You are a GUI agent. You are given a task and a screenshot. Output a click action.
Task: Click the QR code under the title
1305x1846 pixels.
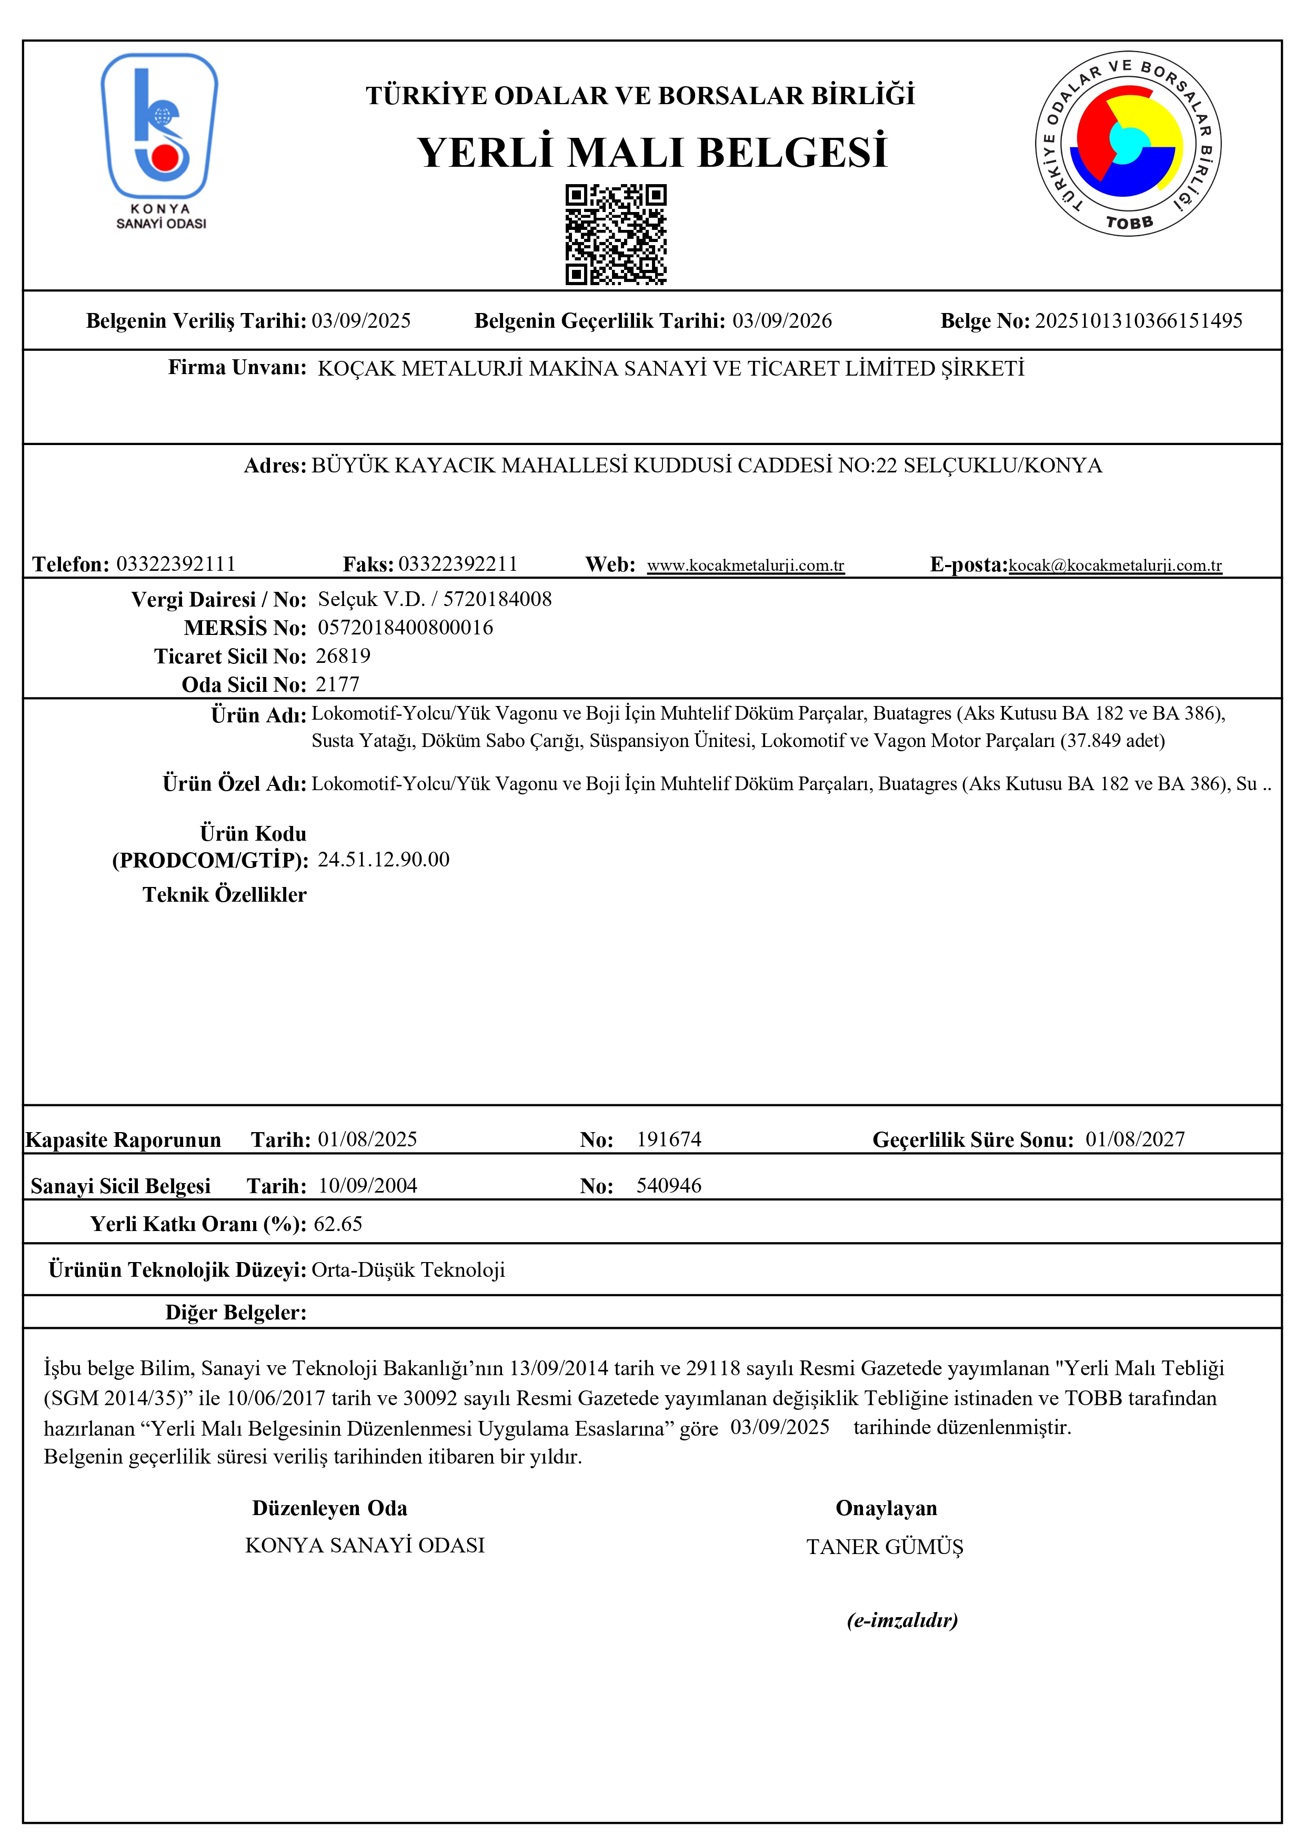[x=616, y=234]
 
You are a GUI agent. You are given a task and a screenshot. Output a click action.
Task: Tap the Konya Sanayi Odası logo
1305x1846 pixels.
[x=160, y=140]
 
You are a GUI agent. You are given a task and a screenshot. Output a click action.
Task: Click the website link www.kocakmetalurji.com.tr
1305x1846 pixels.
[x=745, y=565]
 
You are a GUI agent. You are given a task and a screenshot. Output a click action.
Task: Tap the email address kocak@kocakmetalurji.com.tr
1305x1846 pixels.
[x=1115, y=565]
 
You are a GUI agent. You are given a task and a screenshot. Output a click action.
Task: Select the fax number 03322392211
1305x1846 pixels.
[x=457, y=563]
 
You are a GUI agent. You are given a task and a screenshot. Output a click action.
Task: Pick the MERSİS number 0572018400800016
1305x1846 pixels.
[x=405, y=627]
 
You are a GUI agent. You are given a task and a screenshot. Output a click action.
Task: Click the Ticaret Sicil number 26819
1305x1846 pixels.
[x=343, y=656]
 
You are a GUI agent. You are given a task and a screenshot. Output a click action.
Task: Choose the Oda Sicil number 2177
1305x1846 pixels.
[x=338, y=684]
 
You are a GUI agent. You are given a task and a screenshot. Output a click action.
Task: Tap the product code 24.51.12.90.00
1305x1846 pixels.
[x=384, y=860]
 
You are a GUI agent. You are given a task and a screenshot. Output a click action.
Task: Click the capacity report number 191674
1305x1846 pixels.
[x=668, y=1139]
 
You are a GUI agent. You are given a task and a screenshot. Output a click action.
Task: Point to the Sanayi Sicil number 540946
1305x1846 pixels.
[x=668, y=1185]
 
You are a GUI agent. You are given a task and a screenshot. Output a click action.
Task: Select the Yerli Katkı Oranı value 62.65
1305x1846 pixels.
[x=338, y=1224]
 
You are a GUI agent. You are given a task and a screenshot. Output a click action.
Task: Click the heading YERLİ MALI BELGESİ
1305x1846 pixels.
[x=651, y=153]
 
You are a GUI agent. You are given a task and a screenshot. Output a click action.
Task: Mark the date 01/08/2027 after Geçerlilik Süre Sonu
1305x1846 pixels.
[x=1135, y=1139]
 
